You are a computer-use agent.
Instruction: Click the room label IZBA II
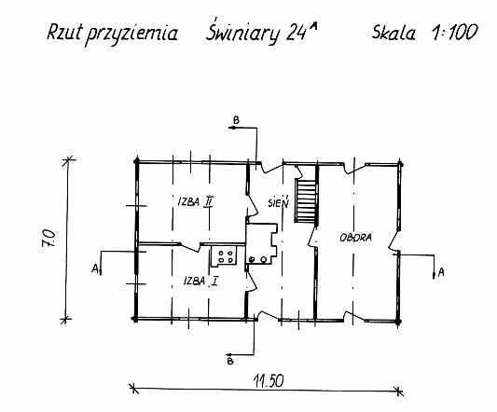click(195, 201)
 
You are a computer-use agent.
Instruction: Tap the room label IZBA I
click(201, 281)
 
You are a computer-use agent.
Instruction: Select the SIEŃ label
click(278, 202)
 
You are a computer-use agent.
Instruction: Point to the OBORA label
click(355, 238)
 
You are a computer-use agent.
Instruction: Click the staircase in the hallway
click(306, 200)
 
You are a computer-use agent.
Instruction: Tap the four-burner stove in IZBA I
click(226, 256)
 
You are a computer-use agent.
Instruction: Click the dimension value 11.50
click(269, 380)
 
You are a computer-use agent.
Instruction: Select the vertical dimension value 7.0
click(48, 238)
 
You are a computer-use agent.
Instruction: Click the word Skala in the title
click(393, 32)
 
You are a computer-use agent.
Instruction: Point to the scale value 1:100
click(455, 32)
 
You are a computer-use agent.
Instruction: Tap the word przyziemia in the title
click(131, 34)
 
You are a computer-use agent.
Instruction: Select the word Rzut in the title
click(64, 32)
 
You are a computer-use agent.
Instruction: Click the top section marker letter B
click(236, 120)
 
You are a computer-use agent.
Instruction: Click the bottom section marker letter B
click(230, 361)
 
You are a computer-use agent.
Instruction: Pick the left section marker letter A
click(95, 268)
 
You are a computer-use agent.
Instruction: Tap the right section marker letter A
click(441, 272)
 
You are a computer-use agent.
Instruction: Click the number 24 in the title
click(297, 34)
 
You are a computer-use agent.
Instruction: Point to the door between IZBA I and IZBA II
click(190, 247)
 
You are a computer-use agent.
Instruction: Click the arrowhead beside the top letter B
click(231, 128)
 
